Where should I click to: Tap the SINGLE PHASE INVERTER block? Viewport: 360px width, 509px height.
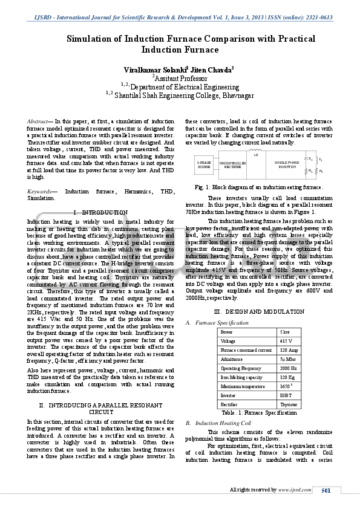(x=286, y=164)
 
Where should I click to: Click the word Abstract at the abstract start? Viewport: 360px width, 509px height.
(x=38, y=122)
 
